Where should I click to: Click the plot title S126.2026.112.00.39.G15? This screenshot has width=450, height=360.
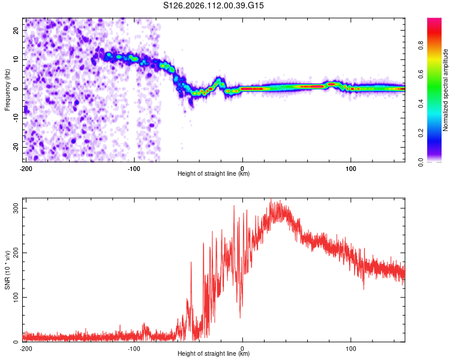pyautogui.click(x=214, y=6)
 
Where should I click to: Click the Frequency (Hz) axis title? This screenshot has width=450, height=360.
pyautogui.click(x=7, y=89)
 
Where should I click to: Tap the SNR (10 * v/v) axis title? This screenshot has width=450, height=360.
pyautogui.click(x=7, y=270)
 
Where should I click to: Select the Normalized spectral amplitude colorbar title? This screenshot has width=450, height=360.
pyautogui.click(x=446, y=90)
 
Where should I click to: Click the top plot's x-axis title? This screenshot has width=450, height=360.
pyautogui.click(x=214, y=173)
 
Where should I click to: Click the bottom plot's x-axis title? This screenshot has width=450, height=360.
pyautogui.click(x=214, y=354)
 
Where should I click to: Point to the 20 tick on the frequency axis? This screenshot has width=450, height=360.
pyautogui.click(x=16, y=30)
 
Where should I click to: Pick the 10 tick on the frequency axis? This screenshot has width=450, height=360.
pyautogui.click(x=16, y=59)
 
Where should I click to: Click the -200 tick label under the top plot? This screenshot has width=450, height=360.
pyautogui.click(x=26, y=167)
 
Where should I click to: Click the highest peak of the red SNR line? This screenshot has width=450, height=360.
pyautogui.click(x=271, y=200)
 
